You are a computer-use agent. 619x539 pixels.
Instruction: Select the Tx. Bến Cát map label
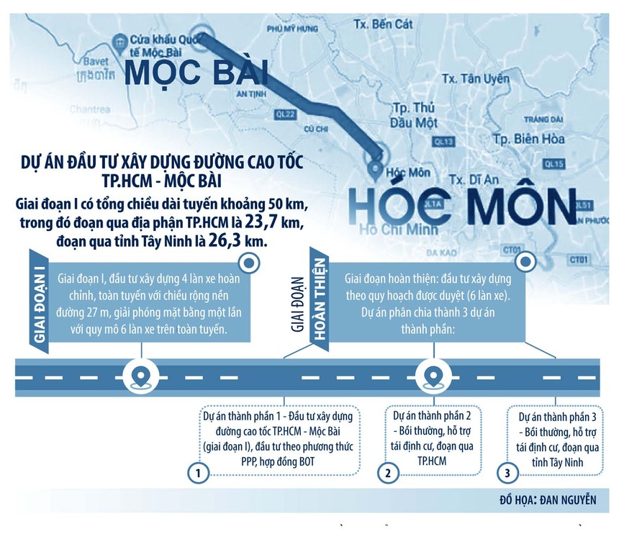click(x=383, y=24)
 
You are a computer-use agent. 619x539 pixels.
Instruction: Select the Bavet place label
click(x=95, y=61)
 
